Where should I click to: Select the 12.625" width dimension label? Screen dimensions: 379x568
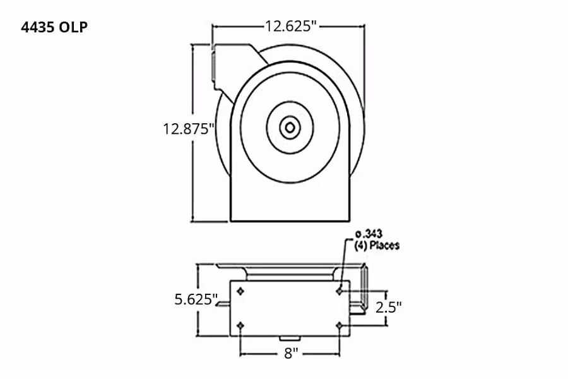click(x=290, y=27)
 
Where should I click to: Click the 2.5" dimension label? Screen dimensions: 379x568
click(x=388, y=308)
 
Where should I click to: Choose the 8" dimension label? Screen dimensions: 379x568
click(x=290, y=354)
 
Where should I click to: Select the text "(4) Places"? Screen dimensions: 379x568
click(x=377, y=245)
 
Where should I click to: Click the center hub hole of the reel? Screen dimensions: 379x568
click(x=289, y=128)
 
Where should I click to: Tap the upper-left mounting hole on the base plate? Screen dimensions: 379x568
click(x=240, y=291)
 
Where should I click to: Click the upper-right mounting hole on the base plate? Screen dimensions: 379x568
click(x=340, y=291)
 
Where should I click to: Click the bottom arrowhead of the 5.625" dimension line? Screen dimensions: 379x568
click(x=199, y=334)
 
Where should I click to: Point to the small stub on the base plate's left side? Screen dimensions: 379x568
click(x=225, y=307)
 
